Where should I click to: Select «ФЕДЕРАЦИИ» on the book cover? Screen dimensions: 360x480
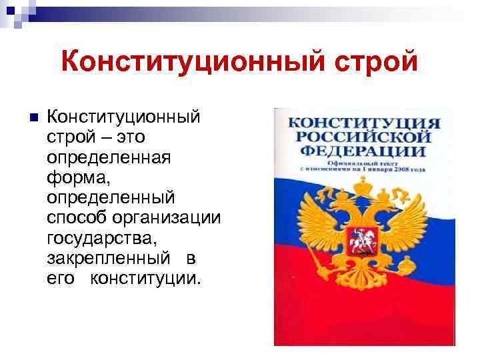tap(363, 151)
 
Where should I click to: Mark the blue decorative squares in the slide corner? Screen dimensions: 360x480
tap(15, 12)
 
